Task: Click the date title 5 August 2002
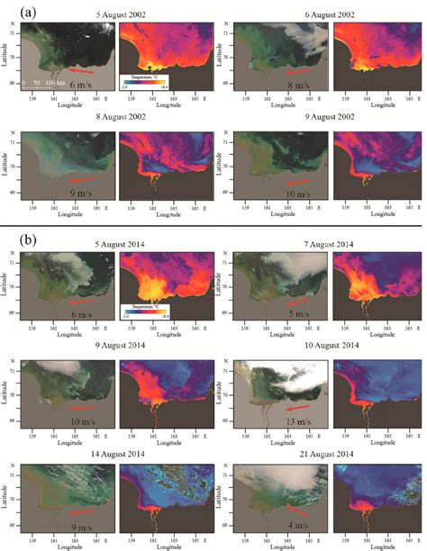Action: pos(115,17)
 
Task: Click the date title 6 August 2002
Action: pos(322,17)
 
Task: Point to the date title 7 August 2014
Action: pos(322,243)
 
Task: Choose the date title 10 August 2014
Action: pos(322,346)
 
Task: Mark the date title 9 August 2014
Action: pos(115,346)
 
